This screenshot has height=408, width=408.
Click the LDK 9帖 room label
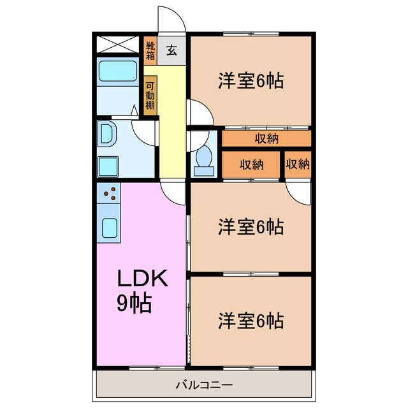click(x=142, y=290)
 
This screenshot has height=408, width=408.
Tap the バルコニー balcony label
click(x=204, y=385)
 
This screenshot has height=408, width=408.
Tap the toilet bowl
click(x=205, y=159)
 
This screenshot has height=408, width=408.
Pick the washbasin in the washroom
click(x=106, y=135)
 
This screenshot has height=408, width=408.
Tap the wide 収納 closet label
click(x=266, y=138)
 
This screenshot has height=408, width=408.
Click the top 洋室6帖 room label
click(x=251, y=82)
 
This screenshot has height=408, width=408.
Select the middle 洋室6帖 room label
click(x=251, y=226)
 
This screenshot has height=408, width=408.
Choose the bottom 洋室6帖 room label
click(x=251, y=320)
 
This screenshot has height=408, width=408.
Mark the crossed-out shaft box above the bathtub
click(x=117, y=44)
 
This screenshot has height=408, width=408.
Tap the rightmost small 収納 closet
click(x=298, y=164)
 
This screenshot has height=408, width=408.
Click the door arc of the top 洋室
click(x=199, y=113)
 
